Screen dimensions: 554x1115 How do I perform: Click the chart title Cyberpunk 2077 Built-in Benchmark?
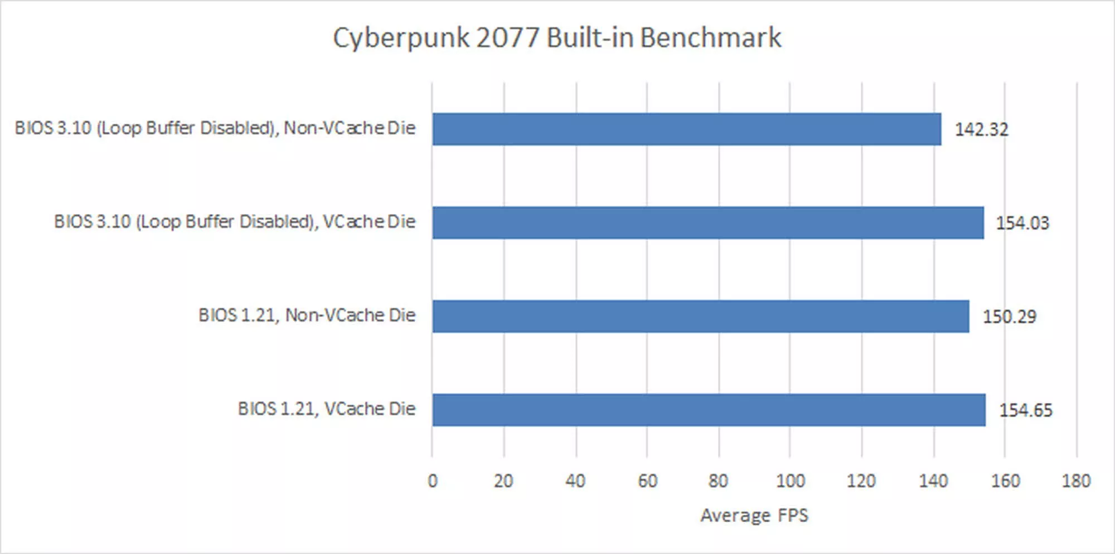point(557,38)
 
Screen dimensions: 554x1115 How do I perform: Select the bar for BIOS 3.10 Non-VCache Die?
point(686,129)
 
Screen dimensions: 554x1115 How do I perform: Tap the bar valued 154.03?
point(707,223)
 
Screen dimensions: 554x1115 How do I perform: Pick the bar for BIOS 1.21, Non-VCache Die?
point(700,317)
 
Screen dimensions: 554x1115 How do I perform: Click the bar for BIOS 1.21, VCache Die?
point(709,410)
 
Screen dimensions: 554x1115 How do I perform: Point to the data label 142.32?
point(981,130)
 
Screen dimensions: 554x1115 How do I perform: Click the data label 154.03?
point(1022,223)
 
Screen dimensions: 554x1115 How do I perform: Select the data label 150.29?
point(1009,317)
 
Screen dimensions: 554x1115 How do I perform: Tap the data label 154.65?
point(1025,411)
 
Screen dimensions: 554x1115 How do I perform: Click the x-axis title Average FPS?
point(754,516)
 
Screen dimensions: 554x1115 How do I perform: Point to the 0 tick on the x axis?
point(433,481)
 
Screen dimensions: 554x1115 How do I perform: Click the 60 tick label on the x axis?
point(647,481)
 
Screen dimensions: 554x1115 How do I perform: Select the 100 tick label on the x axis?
point(790,481)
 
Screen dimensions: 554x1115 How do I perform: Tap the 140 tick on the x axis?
point(933,481)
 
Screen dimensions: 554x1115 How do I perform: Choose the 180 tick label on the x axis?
point(1076,481)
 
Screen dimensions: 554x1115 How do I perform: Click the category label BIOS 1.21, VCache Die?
point(327,409)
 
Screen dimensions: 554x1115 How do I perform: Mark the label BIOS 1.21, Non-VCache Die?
point(307,315)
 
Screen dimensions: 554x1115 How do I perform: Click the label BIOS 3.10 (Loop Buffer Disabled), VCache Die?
point(235,222)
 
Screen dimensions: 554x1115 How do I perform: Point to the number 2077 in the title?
point(508,38)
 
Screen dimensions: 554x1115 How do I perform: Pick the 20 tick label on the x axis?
point(503,481)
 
